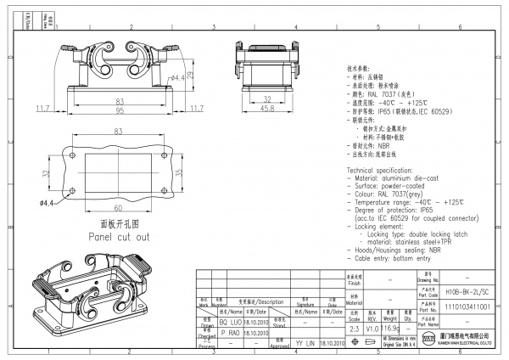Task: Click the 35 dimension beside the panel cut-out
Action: tap(178, 172)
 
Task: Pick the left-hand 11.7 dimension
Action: tap(42, 108)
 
